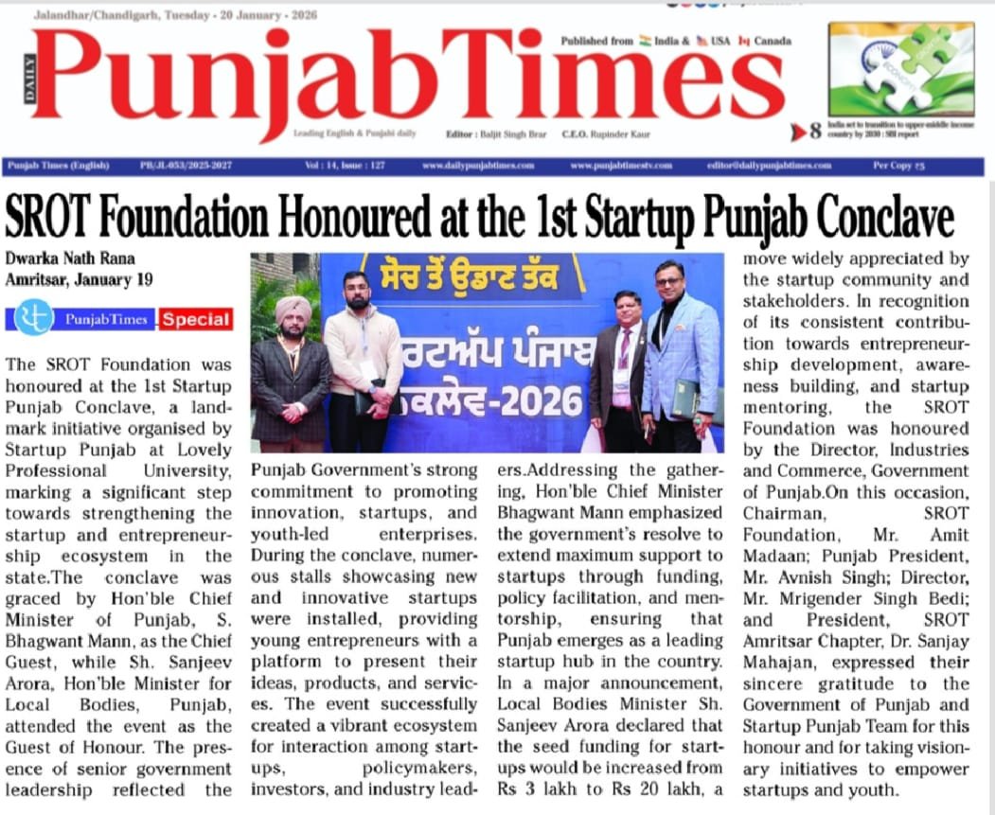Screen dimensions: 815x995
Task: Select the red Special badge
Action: tap(196, 319)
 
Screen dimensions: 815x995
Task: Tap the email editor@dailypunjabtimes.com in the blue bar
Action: tap(769, 166)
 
